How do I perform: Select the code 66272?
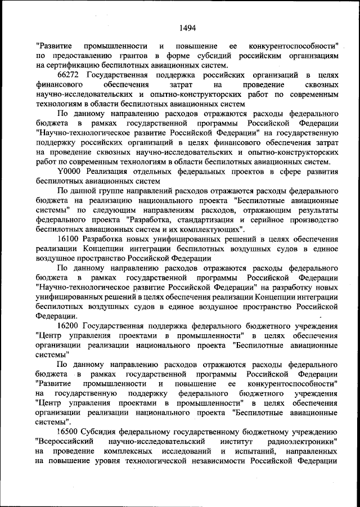69,75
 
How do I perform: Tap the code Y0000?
70,172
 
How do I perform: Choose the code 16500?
69,432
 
